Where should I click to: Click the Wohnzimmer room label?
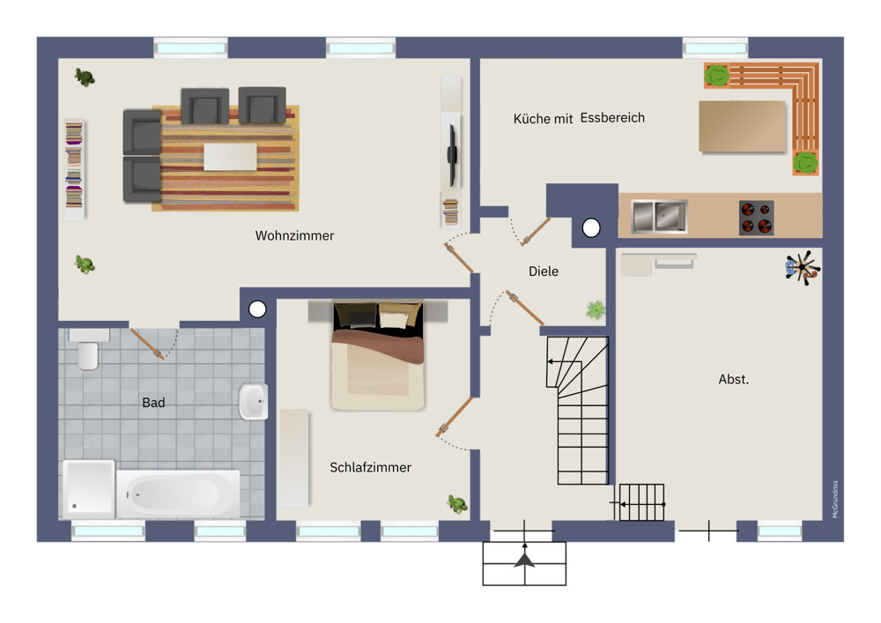point(294,236)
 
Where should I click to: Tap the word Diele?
point(544,271)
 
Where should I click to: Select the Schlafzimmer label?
point(370,467)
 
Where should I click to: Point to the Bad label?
point(153,403)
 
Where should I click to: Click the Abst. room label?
point(733,379)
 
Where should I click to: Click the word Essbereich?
point(612,118)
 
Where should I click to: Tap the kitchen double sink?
point(659,216)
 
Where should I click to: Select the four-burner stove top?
point(756,218)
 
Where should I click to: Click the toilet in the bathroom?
point(88,350)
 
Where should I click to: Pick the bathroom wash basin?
point(254,401)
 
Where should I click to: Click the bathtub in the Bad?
point(178,494)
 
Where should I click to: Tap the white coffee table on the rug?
point(230,157)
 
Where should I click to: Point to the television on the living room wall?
point(451,153)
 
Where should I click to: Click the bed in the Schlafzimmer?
point(378,356)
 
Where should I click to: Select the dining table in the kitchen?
point(742,126)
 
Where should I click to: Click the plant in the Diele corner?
point(596,309)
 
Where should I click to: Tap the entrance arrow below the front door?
point(524,556)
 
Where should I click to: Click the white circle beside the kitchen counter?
point(591,227)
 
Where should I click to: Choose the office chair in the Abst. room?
point(803,268)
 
